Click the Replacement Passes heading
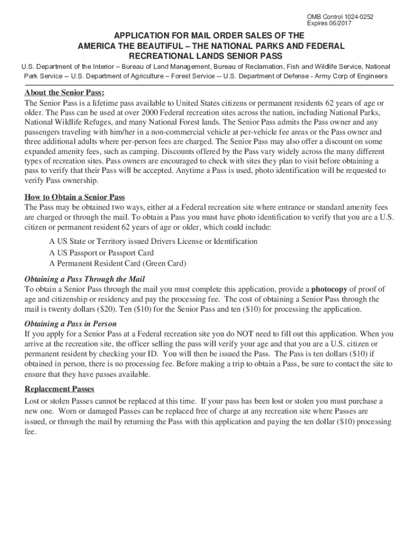(60, 389)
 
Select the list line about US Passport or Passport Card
(101, 253)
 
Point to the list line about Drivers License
(153, 241)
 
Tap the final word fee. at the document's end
(30, 432)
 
